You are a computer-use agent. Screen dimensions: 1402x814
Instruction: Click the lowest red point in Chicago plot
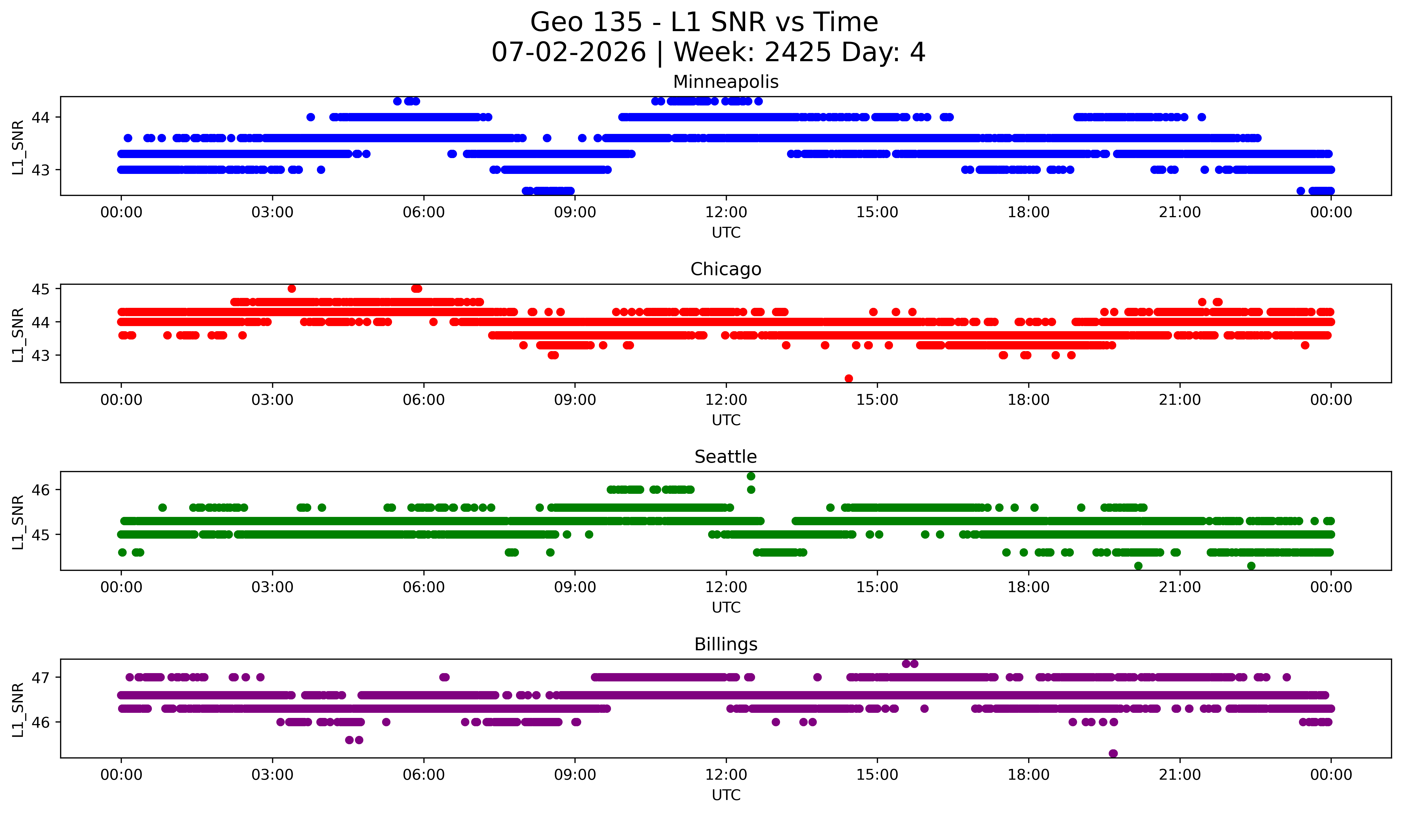pyautogui.click(x=848, y=378)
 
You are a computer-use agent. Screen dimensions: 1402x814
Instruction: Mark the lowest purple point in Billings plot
pyautogui.click(x=1113, y=753)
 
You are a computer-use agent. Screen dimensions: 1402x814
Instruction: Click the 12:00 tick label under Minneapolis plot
pyautogui.click(x=726, y=213)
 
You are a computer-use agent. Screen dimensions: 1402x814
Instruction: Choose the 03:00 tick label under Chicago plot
pyautogui.click(x=273, y=400)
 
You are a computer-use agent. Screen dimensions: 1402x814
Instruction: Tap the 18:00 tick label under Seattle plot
pyautogui.click(x=1028, y=587)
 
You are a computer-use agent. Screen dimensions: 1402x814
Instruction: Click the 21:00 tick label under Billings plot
pyautogui.click(x=1180, y=775)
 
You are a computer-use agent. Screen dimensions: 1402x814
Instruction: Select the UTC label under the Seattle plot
pyautogui.click(x=726, y=608)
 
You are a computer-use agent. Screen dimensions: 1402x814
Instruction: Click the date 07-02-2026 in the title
pyautogui.click(x=569, y=52)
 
